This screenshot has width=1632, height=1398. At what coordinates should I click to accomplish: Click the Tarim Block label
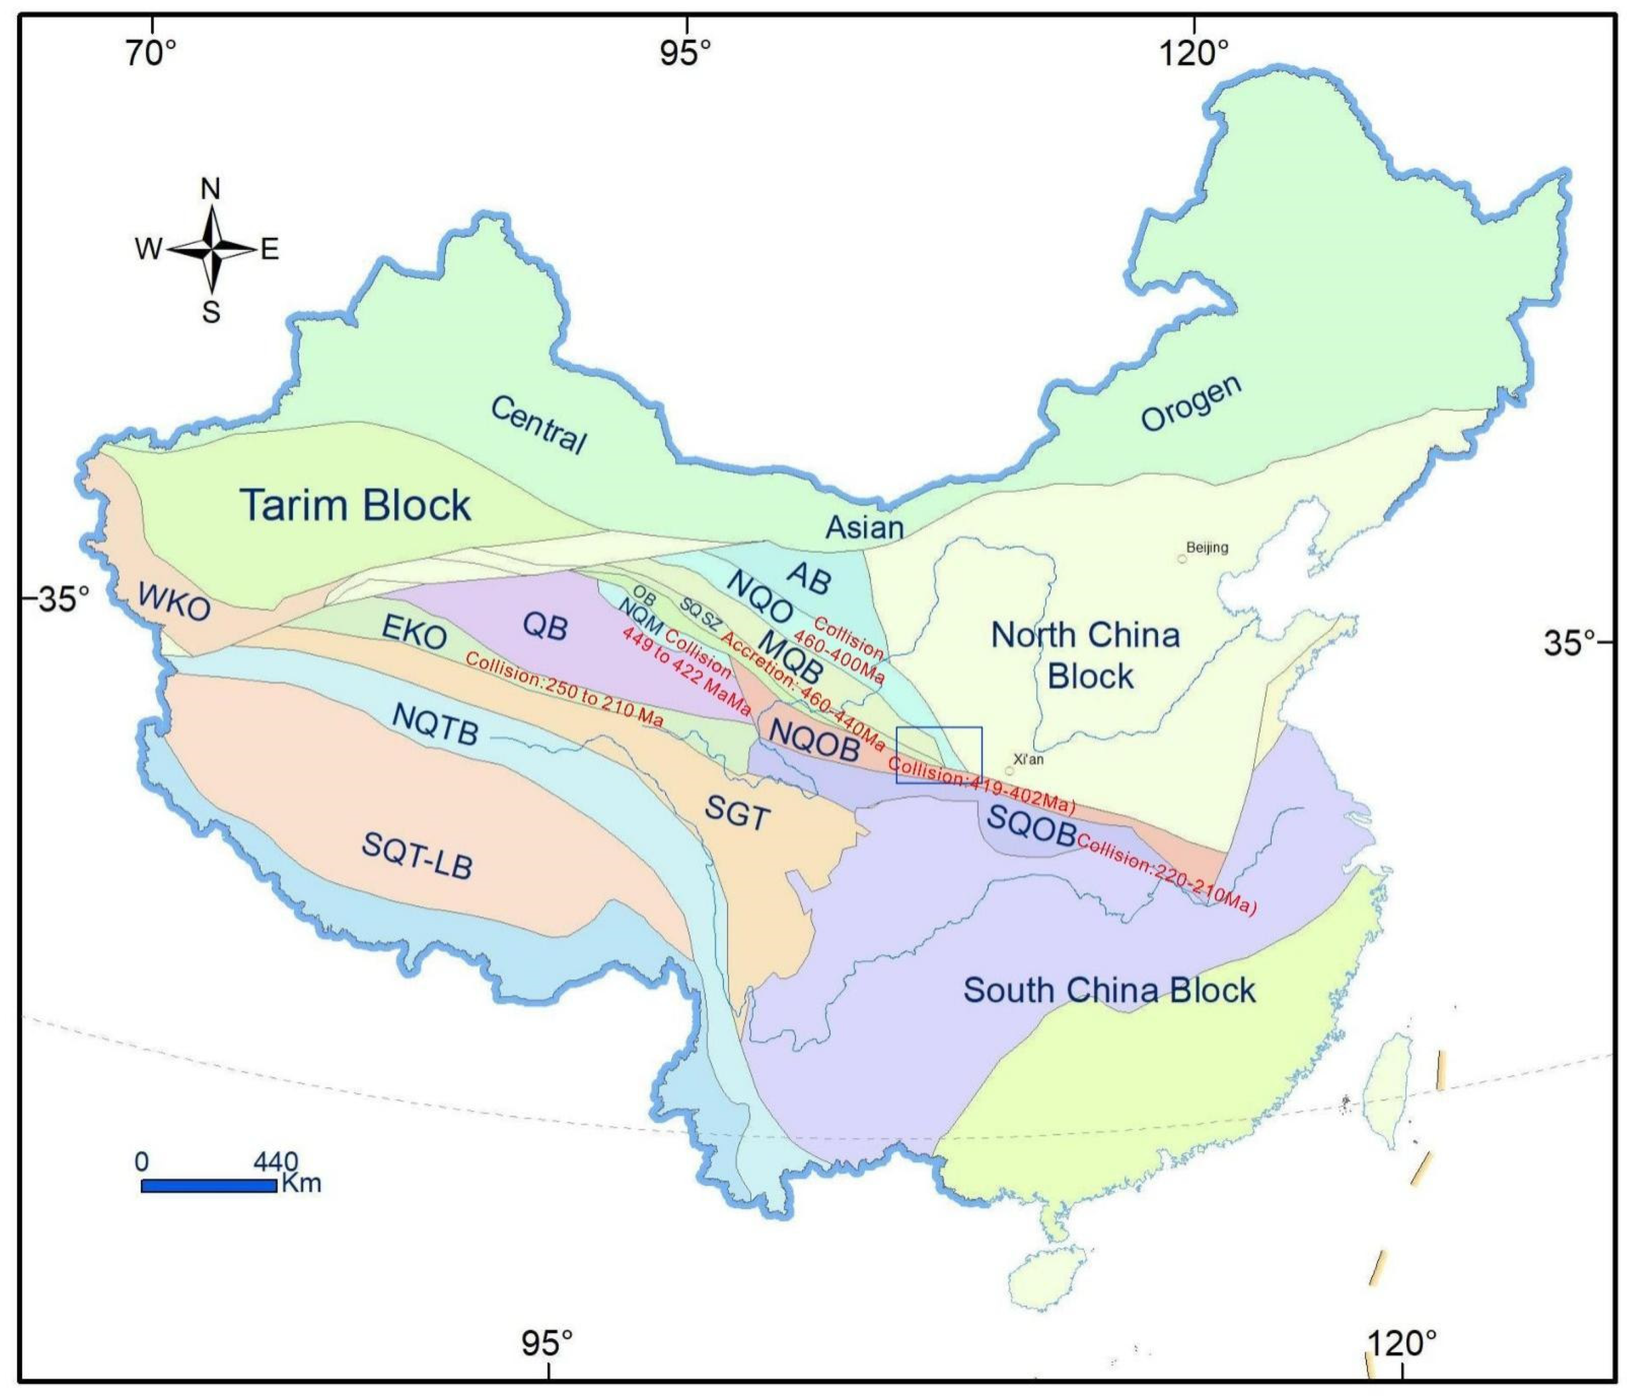[x=355, y=505]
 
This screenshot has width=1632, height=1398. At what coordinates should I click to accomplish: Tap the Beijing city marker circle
[x=1181, y=558]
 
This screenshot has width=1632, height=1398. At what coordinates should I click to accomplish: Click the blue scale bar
[x=209, y=1185]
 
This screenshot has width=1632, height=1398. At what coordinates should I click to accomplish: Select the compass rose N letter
[x=211, y=189]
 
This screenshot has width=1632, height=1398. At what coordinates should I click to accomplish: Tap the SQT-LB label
[x=417, y=855]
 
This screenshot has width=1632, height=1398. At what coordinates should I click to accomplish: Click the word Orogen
[x=1191, y=403]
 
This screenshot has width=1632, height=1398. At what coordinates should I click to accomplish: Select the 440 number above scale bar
[x=275, y=1162]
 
